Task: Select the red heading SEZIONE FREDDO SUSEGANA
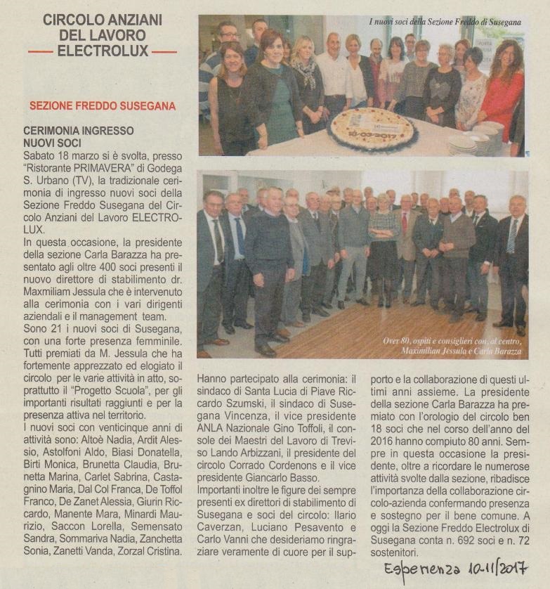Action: coord(103,106)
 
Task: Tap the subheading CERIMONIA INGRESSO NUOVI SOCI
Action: coord(79,136)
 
